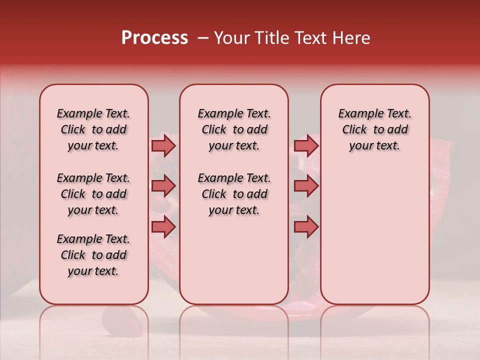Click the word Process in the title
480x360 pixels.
(154, 38)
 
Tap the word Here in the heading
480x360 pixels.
(351, 38)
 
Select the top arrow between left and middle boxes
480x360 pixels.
(163, 146)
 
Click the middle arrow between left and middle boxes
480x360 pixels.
(163, 186)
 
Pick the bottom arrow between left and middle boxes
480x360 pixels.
(163, 227)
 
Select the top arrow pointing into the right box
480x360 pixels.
(306, 146)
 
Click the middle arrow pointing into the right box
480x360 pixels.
(306, 186)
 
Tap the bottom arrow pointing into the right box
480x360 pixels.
(306, 227)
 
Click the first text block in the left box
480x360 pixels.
(93, 129)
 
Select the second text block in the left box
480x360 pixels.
(93, 194)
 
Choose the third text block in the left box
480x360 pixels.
(93, 255)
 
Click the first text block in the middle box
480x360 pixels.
(234, 129)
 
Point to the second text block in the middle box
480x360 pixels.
(234, 194)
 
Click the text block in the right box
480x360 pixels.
(374, 129)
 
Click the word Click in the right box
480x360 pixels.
(354, 130)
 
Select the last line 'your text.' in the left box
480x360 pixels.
(93, 271)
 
